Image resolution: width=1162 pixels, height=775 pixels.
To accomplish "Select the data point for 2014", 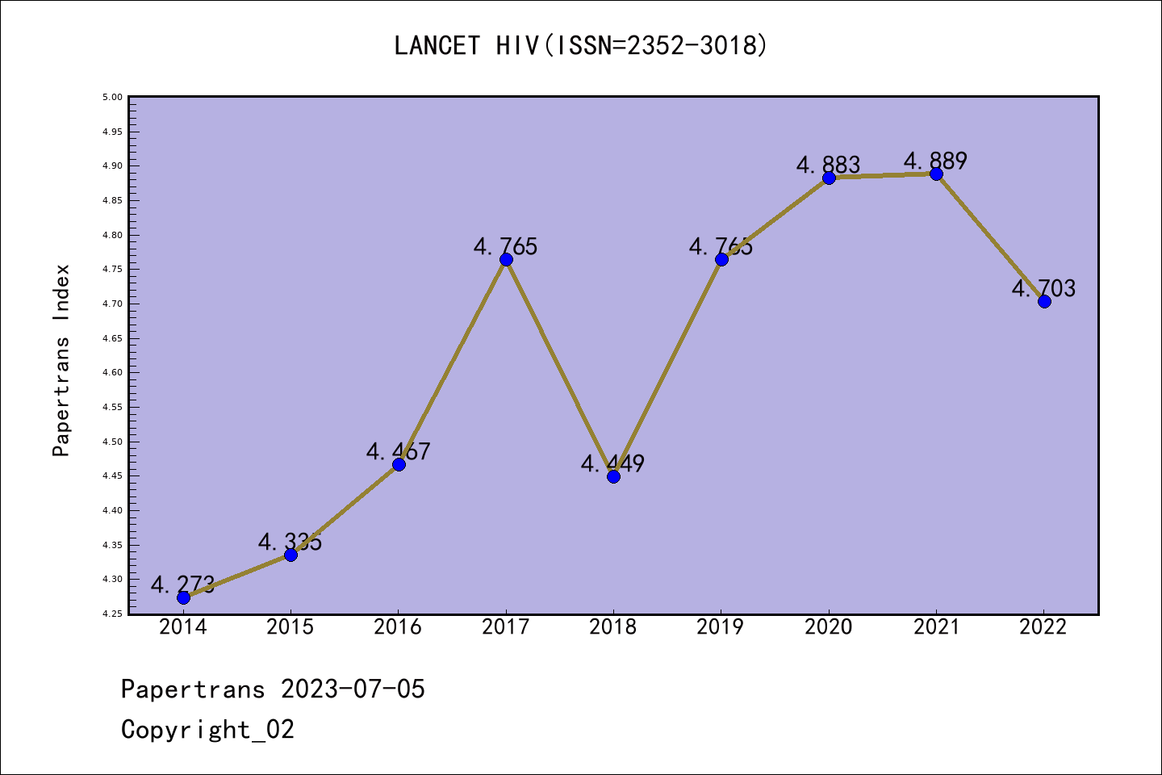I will [x=183, y=597].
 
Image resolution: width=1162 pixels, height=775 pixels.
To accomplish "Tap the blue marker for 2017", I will [x=506, y=259].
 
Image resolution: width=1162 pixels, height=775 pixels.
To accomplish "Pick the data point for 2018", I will [x=613, y=476].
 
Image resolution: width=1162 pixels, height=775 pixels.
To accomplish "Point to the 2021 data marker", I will [x=936, y=174].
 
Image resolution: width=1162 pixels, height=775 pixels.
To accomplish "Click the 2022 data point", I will [x=1044, y=301].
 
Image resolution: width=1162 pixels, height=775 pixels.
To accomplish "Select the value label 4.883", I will [x=828, y=165].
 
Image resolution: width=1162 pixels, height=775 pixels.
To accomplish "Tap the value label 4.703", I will [x=1044, y=288].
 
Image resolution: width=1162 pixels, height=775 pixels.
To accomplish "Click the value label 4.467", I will [x=398, y=451].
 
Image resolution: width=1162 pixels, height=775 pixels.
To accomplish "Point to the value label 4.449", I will [x=612, y=463].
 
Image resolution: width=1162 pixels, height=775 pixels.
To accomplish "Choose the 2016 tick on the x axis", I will [x=398, y=627].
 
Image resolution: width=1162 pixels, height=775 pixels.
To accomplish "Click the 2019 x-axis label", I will [x=721, y=627].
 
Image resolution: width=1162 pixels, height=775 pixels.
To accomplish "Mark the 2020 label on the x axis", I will [x=829, y=627].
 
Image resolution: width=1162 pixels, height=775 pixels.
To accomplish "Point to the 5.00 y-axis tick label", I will [x=112, y=98].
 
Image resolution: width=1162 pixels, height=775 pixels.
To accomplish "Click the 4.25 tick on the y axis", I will [x=112, y=614].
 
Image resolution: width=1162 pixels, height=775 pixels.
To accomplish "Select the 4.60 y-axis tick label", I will [x=112, y=373].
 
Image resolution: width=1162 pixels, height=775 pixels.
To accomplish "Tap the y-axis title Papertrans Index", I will [x=61, y=360].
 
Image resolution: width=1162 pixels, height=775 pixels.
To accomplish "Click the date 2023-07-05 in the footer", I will [x=353, y=689].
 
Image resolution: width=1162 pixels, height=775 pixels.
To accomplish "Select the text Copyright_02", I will [x=207, y=729].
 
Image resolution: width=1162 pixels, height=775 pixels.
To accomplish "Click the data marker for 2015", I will [x=290, y=555].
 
